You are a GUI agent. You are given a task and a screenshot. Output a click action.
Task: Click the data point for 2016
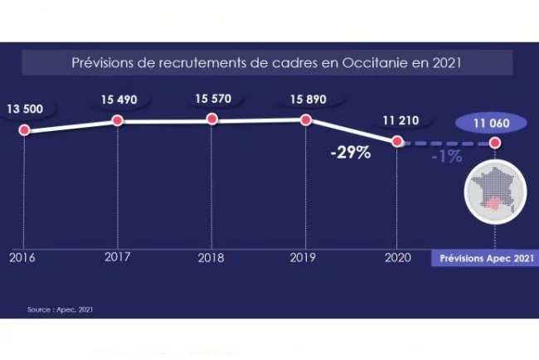click(24, 129)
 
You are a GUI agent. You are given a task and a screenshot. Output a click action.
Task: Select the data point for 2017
click(118, 121)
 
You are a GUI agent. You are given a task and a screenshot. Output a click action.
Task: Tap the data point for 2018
click(212, 119)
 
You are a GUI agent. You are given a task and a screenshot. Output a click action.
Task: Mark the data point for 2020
click(398, 142)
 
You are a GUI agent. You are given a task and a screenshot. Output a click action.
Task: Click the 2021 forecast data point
click(495, 143)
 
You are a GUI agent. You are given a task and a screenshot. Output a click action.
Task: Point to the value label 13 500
click(27, 108)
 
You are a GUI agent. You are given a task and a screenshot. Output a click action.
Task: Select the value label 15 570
click(213, 99)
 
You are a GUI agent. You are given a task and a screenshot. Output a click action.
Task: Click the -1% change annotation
click(447, 156)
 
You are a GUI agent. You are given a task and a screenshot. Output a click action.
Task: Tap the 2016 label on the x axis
click(22, 257)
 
